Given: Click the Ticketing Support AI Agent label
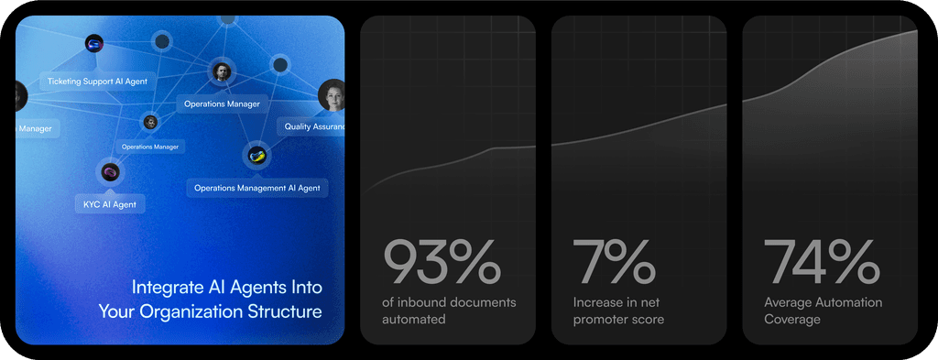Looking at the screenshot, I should [97, 82].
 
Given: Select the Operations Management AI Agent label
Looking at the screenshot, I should [256, 188].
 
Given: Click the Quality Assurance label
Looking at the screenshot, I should [313, 127].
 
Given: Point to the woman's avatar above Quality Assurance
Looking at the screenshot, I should [332, 94].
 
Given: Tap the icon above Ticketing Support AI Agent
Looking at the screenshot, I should [93, 43].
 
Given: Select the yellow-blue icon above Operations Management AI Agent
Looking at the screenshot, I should [256, 155].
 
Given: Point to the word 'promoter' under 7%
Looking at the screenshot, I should [603, 320].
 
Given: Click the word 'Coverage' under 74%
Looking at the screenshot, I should [792, 320].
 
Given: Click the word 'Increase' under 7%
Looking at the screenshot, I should [598, 302].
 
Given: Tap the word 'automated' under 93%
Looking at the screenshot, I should [414, 320].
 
